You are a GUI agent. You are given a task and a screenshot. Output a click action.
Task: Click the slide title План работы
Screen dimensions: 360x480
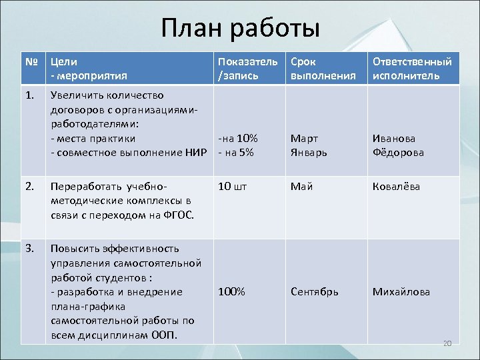[x=240, y=28]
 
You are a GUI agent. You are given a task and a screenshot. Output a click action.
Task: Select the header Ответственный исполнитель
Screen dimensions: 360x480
[x=411, y=68]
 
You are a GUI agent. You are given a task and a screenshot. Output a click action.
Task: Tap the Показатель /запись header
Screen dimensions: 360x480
[x=247, y=68]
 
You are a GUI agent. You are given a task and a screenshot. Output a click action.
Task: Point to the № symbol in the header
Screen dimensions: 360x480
[x=31, y=61]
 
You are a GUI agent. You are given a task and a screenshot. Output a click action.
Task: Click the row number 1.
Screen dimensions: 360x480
[x=30, y=95]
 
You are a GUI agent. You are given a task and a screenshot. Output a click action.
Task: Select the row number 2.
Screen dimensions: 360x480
[x=30, y=187]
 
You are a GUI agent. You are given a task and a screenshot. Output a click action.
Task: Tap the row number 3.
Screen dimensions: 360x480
[x=30, y=249]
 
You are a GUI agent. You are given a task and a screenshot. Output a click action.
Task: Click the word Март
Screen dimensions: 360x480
[x=304, y=139]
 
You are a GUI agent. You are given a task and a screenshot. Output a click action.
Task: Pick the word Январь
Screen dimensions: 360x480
[x=309, y=152]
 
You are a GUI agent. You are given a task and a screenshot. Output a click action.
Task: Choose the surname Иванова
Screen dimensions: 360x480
[x=394, y=139]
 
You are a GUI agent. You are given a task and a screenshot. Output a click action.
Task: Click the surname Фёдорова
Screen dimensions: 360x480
[x=398, y=152]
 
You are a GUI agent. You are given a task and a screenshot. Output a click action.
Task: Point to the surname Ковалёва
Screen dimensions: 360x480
[x=396, y=187]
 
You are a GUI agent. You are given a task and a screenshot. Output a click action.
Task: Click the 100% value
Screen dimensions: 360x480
[x=231, y=292]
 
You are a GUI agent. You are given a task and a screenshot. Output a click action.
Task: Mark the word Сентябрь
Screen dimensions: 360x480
[x=314, y=292]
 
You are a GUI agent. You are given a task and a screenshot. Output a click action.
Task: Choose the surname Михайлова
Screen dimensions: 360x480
[x=401, y=292]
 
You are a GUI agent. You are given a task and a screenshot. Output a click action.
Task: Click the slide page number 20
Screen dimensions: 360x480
[x=447, y=343]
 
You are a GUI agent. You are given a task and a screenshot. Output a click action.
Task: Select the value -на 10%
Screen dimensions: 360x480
[x=238, y=139]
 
